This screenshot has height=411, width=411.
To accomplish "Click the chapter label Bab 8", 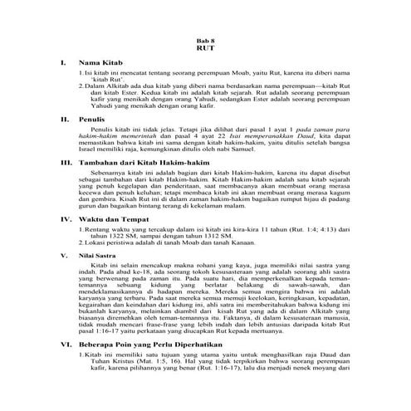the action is [205, 38].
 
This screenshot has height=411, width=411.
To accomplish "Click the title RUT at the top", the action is [205, 47].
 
